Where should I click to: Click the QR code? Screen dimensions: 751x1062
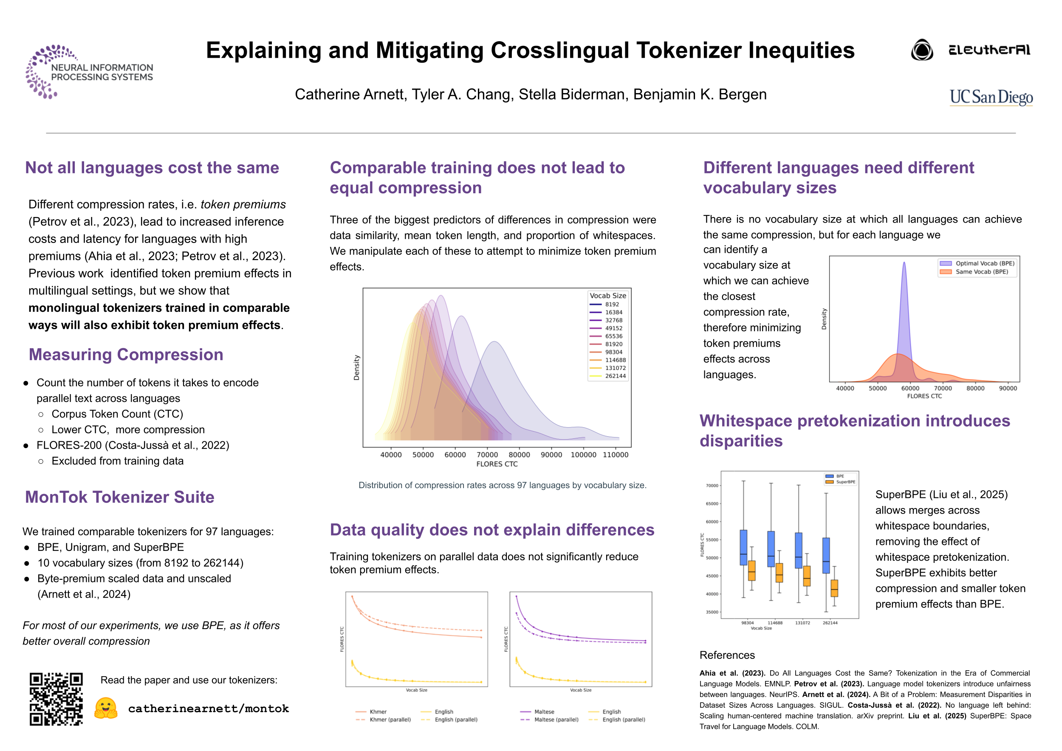[56, 699]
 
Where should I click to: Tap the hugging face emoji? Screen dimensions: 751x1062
[106, 708]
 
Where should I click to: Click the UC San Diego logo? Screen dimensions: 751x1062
[991, 97]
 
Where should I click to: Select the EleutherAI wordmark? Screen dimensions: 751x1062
[989, 50]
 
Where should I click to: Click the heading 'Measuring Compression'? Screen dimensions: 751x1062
[126, 355]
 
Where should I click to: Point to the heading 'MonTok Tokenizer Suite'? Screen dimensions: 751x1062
[119, 497]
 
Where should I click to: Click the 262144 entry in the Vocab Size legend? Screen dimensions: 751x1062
[615, 376]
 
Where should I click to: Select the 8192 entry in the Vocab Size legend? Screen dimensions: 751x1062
[611, 304]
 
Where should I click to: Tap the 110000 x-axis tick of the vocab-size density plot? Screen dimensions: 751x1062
[615, 455]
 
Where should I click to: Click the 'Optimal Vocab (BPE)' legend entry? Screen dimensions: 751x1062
[984, 263]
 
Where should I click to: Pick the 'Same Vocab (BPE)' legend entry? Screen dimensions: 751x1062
[982, 272]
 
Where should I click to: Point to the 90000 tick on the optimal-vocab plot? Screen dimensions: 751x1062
[1008, 388]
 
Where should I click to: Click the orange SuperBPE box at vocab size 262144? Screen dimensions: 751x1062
[834, 588]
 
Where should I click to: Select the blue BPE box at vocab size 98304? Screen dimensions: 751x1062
[743, 548]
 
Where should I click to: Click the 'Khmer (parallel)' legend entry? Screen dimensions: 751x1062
[390, 720]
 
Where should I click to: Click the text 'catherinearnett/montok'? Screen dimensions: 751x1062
[208, 709]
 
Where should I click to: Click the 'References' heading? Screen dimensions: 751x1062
[727, 655]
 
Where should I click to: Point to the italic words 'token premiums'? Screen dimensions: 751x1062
[243, 204]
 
